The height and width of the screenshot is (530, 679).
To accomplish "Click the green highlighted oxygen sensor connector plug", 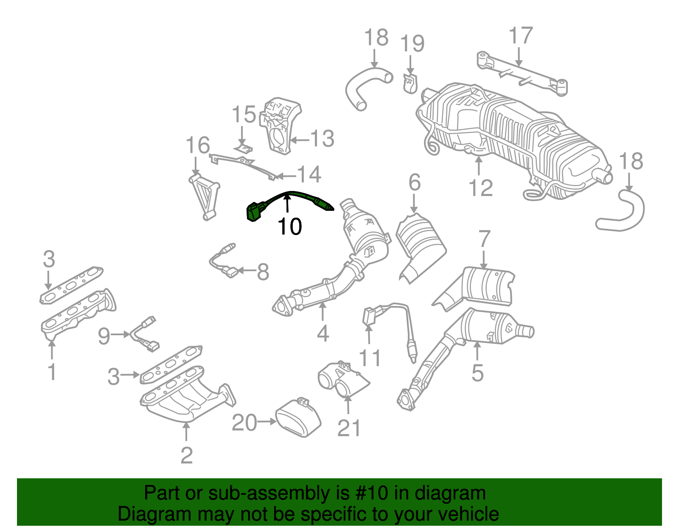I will coord(253,212).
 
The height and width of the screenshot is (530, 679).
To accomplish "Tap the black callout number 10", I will coord(290,227).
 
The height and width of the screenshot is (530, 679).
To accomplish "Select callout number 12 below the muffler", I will coord(481,188).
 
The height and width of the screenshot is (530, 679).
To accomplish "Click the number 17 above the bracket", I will coord(520,36).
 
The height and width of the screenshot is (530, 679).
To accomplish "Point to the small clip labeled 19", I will coord(410,83).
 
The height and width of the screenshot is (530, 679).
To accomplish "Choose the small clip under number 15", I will coord(244,149).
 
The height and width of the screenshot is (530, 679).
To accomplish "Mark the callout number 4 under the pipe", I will coord(323,334).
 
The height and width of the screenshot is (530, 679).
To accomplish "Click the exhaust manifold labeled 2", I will coord(187,395).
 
